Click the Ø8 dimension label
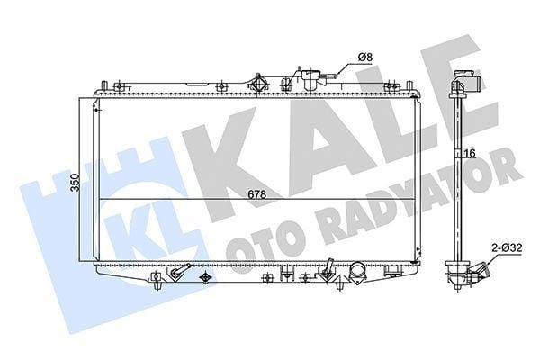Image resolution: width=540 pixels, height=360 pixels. [365, 58]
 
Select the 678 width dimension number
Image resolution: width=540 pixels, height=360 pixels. [256, 194]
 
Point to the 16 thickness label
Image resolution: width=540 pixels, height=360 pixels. [470, 154]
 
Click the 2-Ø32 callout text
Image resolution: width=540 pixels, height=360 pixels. [507, 247]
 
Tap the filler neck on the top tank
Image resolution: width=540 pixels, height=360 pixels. [310, 79]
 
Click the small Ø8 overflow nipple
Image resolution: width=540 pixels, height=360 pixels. [329, 76]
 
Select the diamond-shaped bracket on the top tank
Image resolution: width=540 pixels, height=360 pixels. [258, 84]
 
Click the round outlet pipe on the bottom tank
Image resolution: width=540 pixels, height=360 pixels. [357, 272]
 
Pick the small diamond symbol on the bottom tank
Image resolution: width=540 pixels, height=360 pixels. [205, 277]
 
